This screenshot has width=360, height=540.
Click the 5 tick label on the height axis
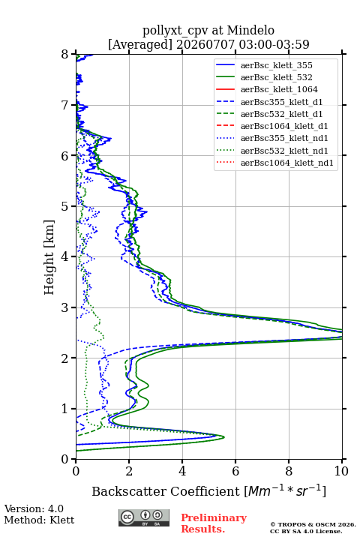(65, 207)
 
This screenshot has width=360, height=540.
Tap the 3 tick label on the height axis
(65, 307)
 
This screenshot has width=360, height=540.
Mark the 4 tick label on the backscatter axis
(182, 471)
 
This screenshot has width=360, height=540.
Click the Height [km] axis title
(49, 257)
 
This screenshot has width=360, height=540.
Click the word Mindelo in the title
(250, 30)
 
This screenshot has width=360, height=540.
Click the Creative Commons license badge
(144, 517)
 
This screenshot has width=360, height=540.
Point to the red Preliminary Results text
(214, 523)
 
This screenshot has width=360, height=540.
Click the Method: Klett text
(39, 520)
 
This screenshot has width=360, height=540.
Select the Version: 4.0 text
(34, 508)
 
